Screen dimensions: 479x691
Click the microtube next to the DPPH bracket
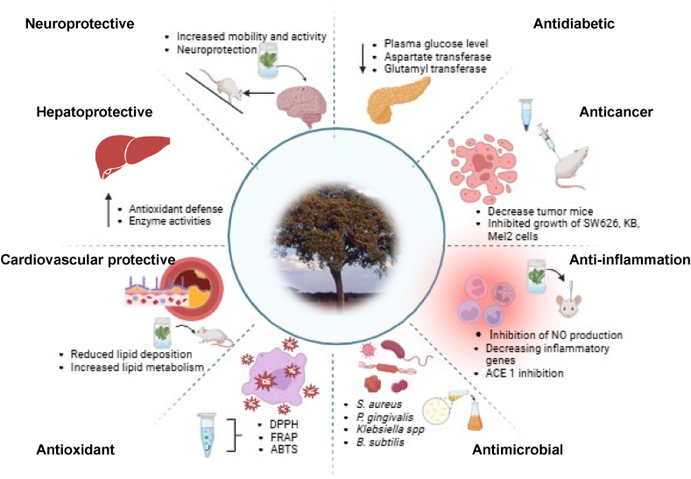click(x=208, y=434)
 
